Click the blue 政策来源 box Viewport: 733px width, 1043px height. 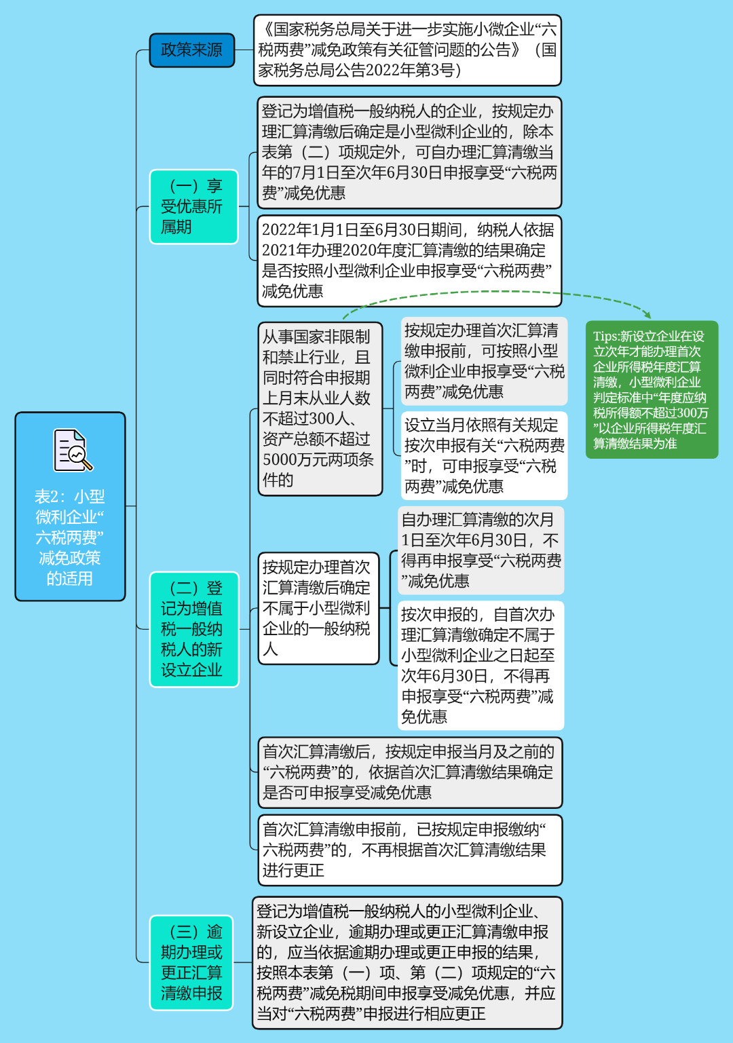pos(192,50)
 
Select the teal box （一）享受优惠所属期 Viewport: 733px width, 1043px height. pos(194,206)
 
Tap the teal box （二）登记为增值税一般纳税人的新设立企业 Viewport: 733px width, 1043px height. pos(194,629)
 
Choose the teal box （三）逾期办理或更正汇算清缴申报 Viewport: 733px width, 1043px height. pos(192,962)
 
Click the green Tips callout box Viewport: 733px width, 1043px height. pos(651,390)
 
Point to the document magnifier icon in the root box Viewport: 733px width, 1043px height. pos(73,450)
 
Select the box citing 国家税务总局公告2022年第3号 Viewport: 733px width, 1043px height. pos(407,50)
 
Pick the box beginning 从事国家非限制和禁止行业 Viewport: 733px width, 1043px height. pos(320,409)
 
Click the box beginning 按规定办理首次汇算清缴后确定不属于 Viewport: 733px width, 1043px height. pos(318,608)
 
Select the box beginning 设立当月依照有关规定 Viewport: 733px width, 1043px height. pos(483,455)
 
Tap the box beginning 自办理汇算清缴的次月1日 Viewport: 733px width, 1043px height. pos(480,550)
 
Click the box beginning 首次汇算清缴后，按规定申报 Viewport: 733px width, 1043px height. pos(410,772)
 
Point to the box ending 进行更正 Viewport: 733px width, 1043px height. pos(410,850)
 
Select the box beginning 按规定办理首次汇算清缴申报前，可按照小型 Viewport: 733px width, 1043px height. pos(483,361)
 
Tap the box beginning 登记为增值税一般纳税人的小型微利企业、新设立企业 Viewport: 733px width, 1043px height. pos(407,962)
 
